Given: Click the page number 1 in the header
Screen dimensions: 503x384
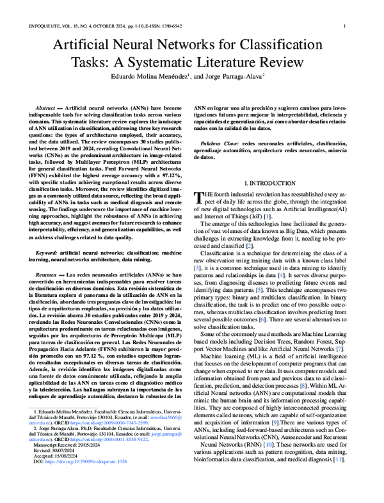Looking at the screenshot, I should (x=346, y=26).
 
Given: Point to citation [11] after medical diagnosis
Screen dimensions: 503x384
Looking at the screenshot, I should (x=343, y=477).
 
